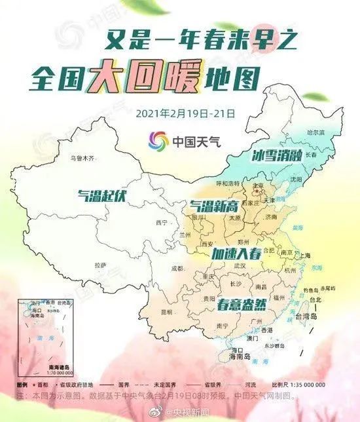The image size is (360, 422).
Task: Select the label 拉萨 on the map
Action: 100,265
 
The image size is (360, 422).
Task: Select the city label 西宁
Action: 162,223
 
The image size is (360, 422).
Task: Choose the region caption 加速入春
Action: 236,253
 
